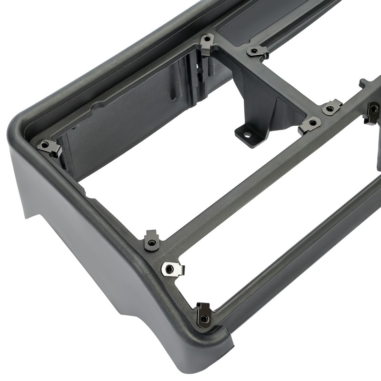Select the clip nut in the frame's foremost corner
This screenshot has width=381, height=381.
coord(204,315)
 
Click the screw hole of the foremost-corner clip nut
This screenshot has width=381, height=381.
coord(204,318)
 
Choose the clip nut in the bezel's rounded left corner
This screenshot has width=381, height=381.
coord(50,147)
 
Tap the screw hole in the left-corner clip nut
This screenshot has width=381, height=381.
coord(46,144)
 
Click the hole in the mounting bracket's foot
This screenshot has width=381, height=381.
coord(247,134)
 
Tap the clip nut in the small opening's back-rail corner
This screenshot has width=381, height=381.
coord(258,51)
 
